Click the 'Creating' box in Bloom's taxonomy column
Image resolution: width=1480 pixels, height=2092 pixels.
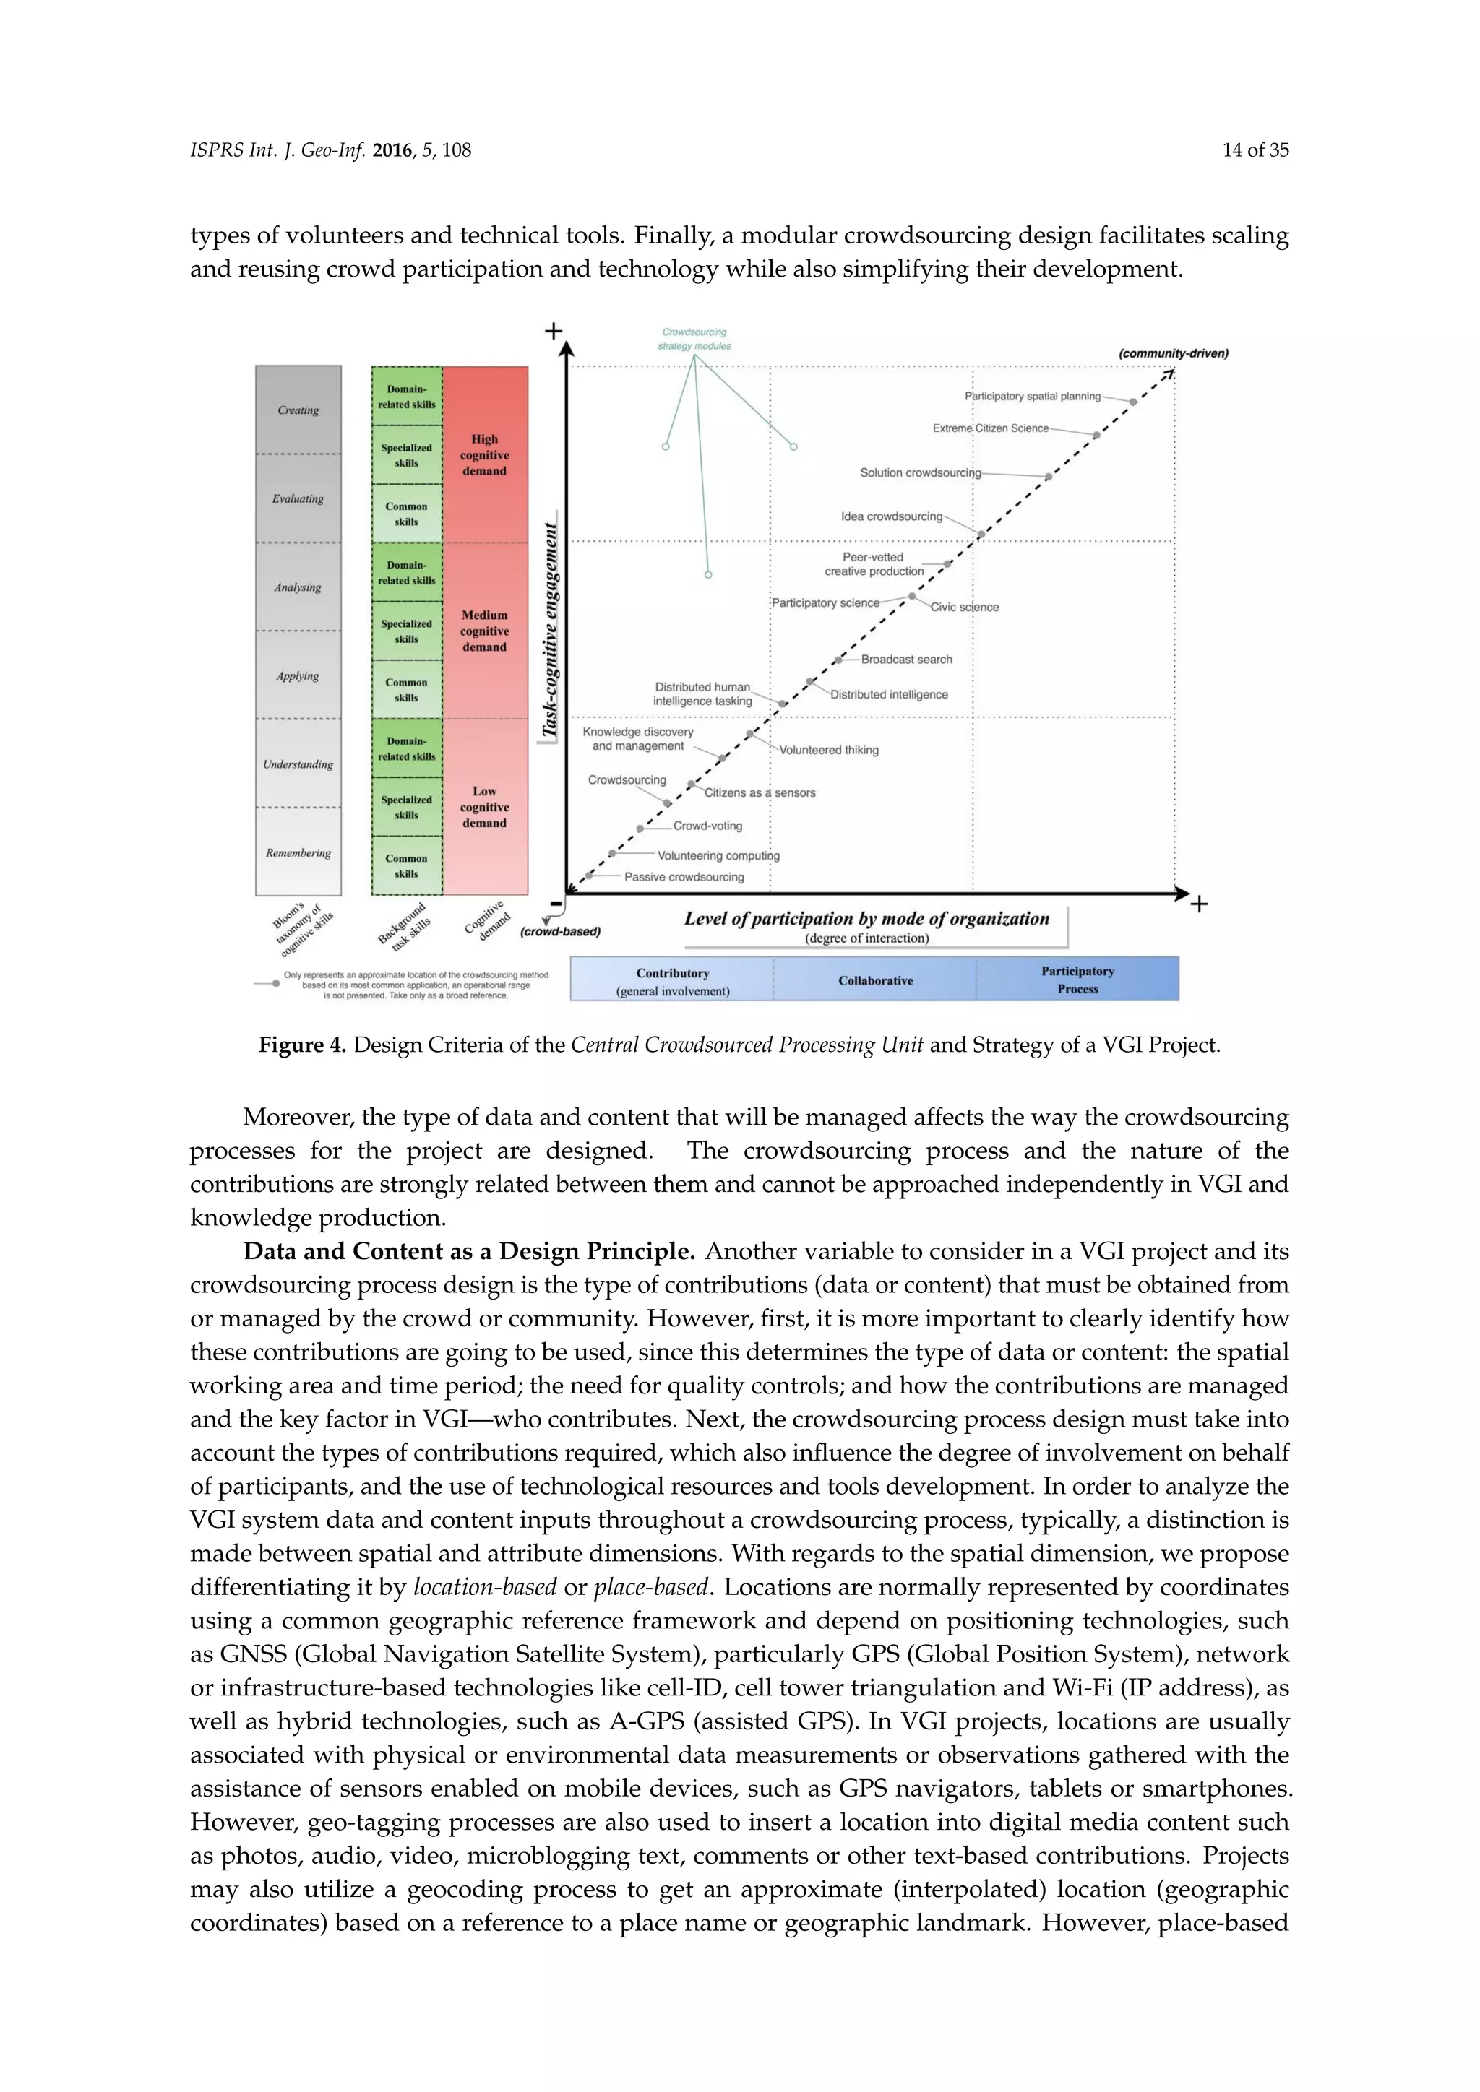click(298, 410)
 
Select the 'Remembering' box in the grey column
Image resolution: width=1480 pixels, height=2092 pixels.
click(298, 853)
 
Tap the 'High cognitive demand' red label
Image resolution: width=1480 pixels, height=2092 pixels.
click(484, 454)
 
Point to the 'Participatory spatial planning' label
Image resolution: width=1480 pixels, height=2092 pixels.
click(1032, 397)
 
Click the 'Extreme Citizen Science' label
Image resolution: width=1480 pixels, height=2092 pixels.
click(990, 428)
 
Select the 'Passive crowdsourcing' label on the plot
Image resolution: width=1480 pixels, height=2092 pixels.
click(684, 878)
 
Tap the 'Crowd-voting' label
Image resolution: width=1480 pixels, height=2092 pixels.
click(707, 826)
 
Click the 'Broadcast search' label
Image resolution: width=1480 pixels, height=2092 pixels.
click(906, 660)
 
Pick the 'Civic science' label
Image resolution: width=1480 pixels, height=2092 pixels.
click(964, 608)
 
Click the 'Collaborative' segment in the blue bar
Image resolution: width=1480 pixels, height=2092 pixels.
click(875, 980)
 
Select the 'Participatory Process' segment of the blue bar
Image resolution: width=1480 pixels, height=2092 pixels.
click(1077, 980)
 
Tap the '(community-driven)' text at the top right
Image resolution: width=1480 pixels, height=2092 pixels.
click(1172, 353)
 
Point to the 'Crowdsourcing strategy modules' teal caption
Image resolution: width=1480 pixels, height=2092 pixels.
click(694, 339)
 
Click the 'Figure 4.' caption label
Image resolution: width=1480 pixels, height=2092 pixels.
click(301, 1045)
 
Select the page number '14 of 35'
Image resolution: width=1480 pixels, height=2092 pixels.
click(1255, 150)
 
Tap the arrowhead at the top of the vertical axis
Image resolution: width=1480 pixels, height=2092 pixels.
click(566, 349)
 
